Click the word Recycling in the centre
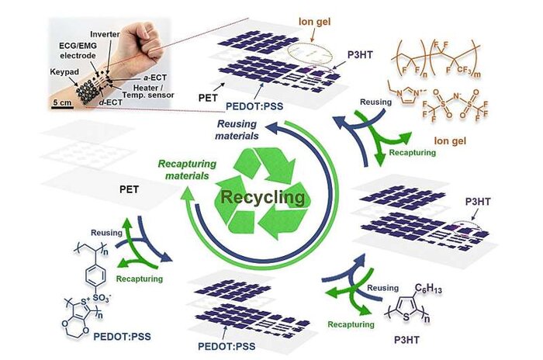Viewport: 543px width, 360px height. [x=263, y=197]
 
